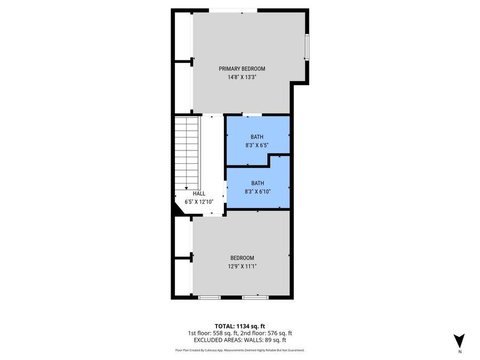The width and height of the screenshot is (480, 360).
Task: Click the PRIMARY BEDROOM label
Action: [x=242, y=69]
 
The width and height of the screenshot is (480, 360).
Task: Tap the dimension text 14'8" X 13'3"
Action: [x=242, y=77]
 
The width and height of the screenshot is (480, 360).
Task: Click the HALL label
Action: [x=191, y=194]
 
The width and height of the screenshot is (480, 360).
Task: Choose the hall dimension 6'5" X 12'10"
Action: [x=198, y=202]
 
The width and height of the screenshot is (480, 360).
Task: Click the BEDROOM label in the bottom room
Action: [x=242, y=258]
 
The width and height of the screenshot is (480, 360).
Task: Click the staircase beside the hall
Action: [x=187, y=152]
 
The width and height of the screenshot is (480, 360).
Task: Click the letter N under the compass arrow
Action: [x=459, y=352]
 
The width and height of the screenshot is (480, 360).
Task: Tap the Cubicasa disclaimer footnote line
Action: [x=240, y=350]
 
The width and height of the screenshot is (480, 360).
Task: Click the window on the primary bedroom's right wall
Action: [x=307, y=47]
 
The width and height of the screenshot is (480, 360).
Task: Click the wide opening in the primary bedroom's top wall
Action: [x=233, y=10]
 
